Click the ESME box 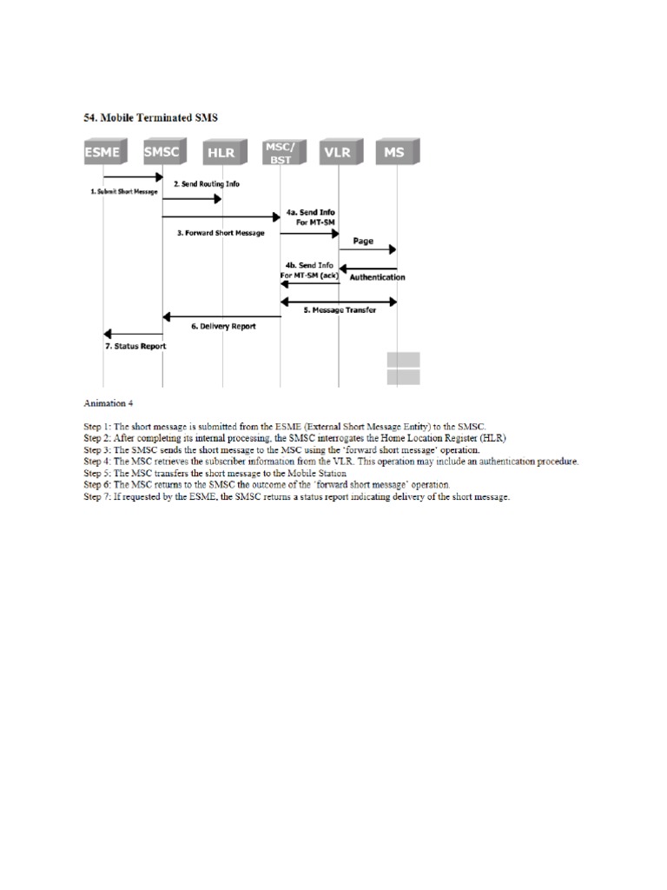point(103,154)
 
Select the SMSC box point(162,154)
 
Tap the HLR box point(222,154)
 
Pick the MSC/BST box point(280,154)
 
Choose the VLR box point(339,154)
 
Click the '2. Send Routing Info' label point(206,184)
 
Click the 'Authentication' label point(377,277)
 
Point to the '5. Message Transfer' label point(340,310)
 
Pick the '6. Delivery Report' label point(223,326)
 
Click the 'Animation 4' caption point(109,403)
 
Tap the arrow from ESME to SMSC point(133,176)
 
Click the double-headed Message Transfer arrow point(339,301)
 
